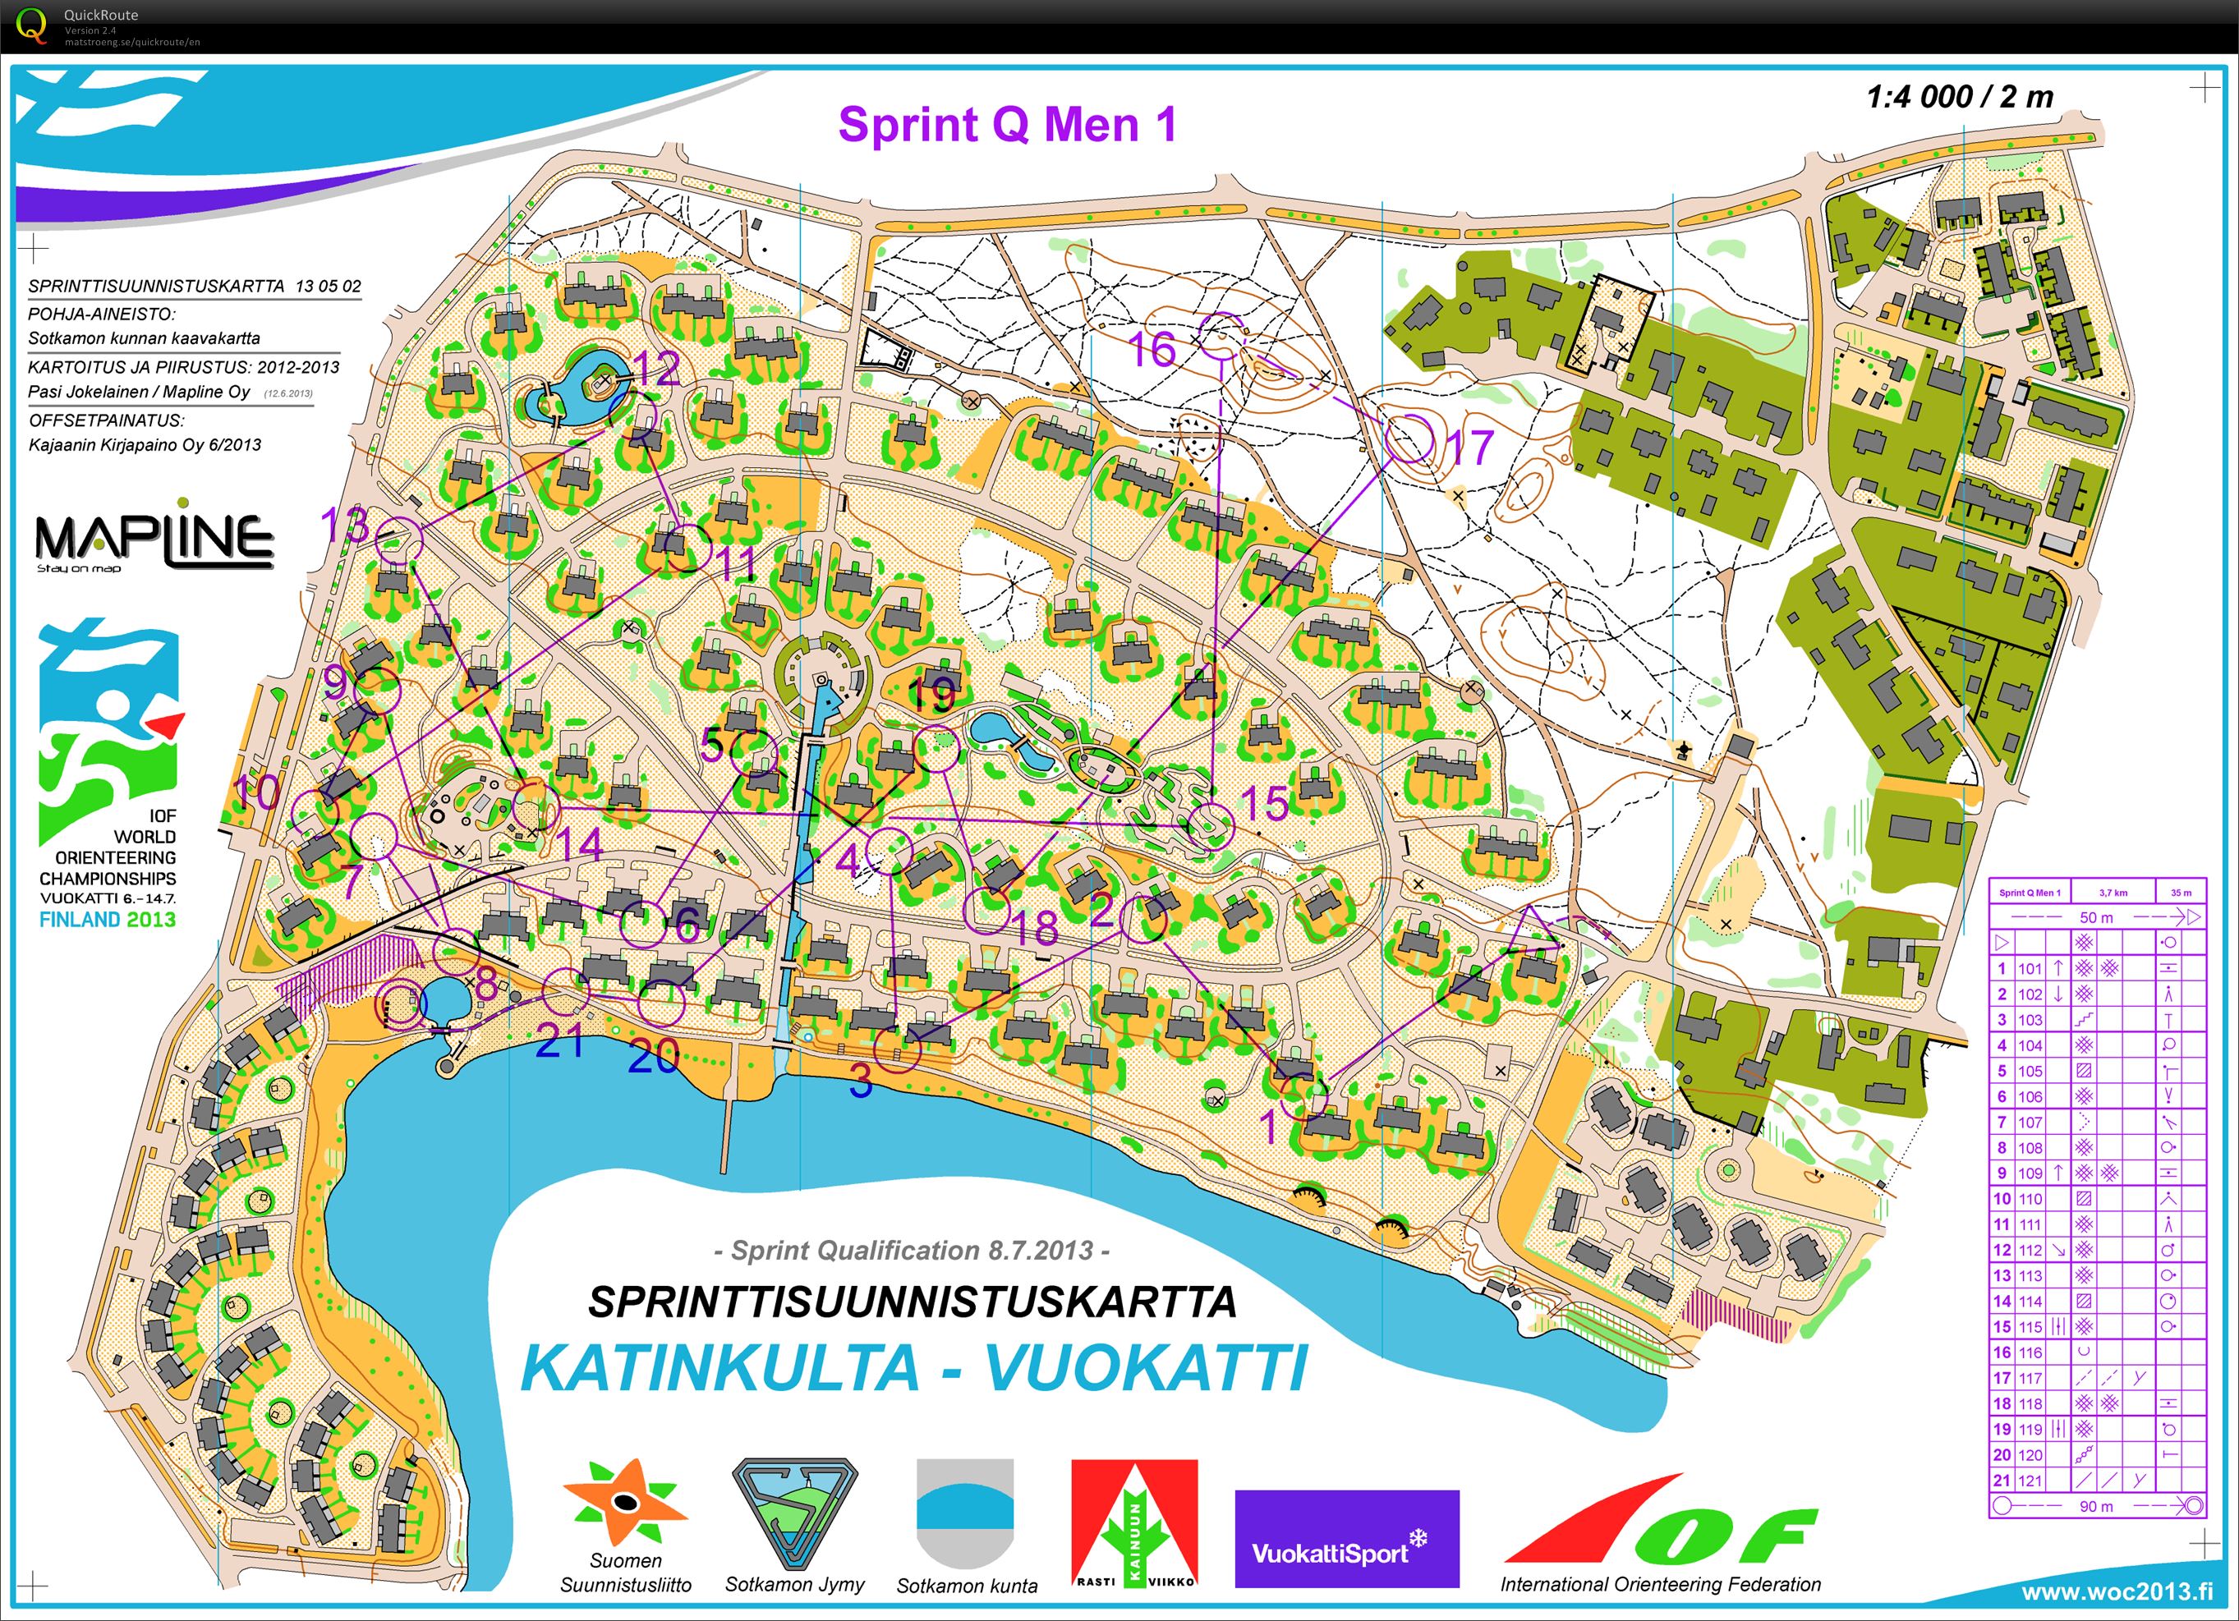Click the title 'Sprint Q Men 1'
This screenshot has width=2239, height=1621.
coord(1007,126)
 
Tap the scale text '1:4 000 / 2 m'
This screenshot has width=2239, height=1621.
coord(1959,97)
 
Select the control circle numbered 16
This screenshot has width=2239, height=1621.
coord(1223,337)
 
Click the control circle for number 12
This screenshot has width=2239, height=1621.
coord(632,414)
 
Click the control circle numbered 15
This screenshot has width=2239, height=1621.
coord(1211,826)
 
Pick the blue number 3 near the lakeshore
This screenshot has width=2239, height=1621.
coord(861,1083)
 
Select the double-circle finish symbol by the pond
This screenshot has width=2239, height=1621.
coord(402,1005)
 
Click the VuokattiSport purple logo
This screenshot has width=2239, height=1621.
coord(1346,1552)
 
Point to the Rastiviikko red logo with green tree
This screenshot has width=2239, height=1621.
coord(1134,1523)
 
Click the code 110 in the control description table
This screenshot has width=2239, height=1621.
coord(2030,1198)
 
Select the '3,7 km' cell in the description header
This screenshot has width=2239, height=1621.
coord(2113,893)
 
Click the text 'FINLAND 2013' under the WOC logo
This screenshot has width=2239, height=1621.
coord(108,919)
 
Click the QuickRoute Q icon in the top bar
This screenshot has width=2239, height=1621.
coord(31,24)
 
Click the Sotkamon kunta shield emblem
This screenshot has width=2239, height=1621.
coord(965,1513)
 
